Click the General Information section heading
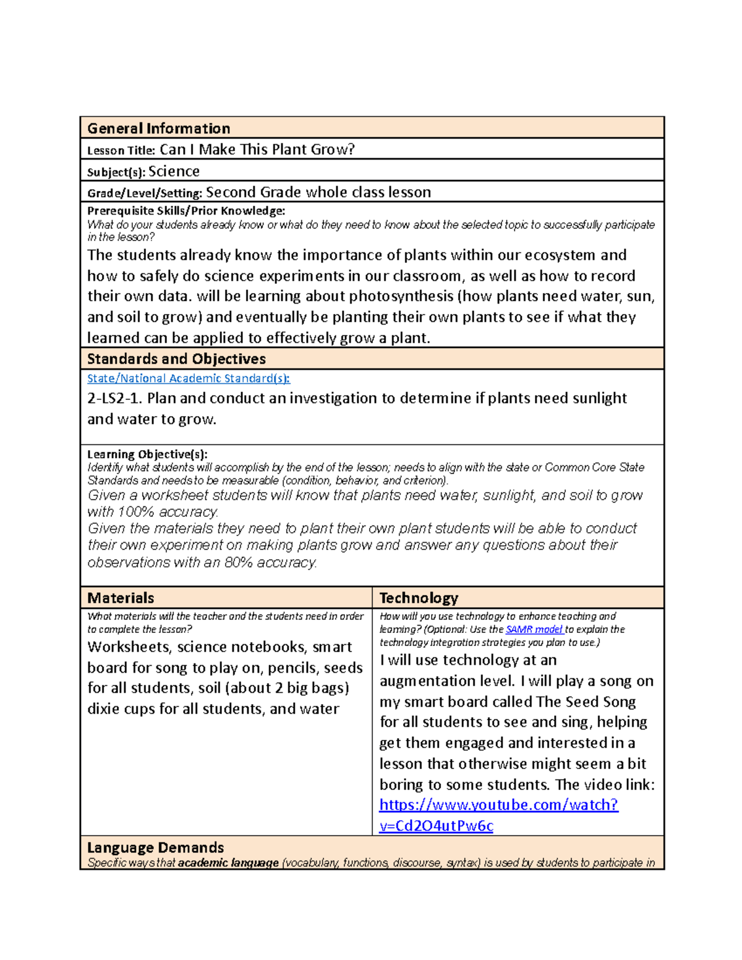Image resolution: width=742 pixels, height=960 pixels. coord(158,129)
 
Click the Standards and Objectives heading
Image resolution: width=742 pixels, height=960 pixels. coord(176,359)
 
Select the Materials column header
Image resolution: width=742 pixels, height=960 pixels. coord(121,598)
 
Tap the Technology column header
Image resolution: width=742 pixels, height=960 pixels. coord(419,598)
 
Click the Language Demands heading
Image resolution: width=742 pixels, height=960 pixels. coord(155,847)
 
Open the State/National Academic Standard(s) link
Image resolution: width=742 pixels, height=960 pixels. coord(188,378)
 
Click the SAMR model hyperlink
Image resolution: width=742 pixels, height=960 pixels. coord(534,629)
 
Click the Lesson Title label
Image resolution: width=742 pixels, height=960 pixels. coord(121,150)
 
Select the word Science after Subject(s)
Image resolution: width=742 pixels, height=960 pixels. coord(174,171)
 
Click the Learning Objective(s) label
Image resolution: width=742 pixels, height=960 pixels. coord(147,454)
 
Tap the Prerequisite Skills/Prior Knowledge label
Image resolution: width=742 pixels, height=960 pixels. coord(186,211)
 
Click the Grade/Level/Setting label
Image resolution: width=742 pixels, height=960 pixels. coord(145,193)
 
